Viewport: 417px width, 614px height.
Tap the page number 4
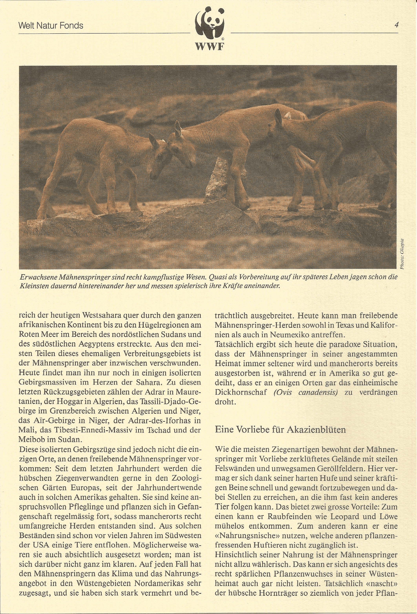click(x=396, y=25)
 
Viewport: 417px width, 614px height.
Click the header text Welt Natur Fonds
click(x=51, y=26)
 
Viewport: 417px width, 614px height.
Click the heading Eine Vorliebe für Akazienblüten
click(x=280, y=429)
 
